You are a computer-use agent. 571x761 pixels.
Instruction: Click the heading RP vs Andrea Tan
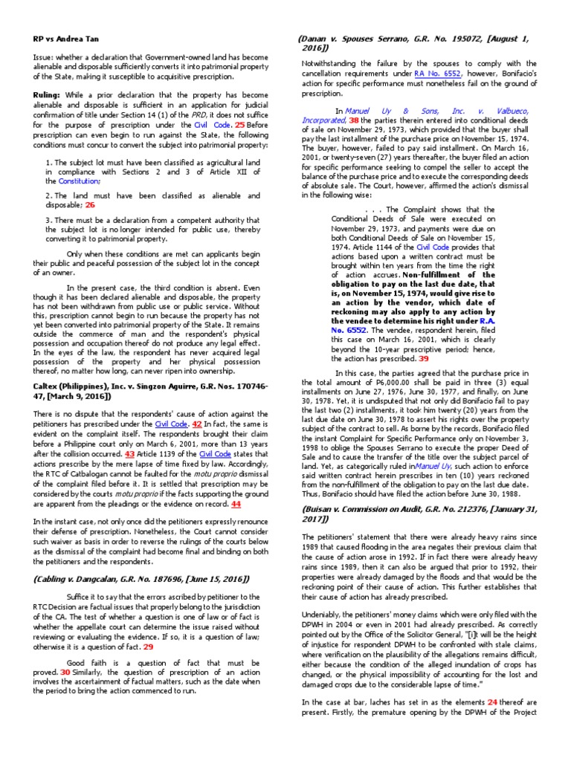click(x=67, y=39)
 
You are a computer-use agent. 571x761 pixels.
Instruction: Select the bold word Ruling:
click(x=49, y=96)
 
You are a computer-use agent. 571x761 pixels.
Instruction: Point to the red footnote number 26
click(x=90, y=205)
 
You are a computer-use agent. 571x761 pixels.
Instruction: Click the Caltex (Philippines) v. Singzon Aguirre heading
click(x=146, y=392)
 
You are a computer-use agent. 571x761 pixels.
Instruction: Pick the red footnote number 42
click(x=198, y=423)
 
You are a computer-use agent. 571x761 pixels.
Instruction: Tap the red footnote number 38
click(x=354, y=120)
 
